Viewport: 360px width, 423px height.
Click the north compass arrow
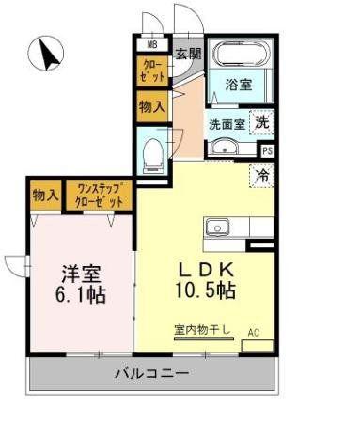tap(48, 54)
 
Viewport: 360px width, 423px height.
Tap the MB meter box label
tap(152, 45)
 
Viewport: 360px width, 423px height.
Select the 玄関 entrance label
tap(188, 54)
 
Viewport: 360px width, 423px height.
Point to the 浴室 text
tap(239, 85)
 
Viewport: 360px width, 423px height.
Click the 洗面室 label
tap(227, 125)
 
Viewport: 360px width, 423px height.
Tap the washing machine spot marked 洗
tap(262, 122)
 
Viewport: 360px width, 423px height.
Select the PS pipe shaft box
tap(267, 151)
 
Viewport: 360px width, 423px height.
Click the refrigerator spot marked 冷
tap(262, 176)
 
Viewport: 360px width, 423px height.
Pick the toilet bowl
tap(152, 156)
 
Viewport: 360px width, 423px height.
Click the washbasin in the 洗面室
tap(225, 148)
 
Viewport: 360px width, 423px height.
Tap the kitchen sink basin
tap(217, 227)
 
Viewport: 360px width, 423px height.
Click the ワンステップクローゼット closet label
tap(100, 196)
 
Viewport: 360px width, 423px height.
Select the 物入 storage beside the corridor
tap(152, 106)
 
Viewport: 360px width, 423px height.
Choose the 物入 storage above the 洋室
tap(46, 196)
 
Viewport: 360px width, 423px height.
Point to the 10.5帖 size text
tap(205, 290)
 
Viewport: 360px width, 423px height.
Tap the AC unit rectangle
tap(258, 346)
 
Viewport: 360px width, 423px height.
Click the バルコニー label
tap(152, 373)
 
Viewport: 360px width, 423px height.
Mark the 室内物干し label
tap(202, 329)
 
